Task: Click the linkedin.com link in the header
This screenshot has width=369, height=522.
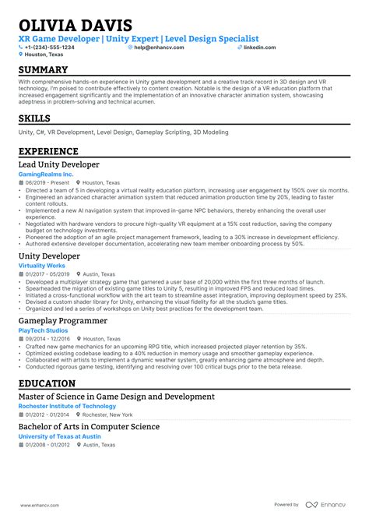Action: pos(259,48)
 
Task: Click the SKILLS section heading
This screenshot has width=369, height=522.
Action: pos(36,118)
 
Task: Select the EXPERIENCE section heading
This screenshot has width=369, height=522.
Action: pos(48,151)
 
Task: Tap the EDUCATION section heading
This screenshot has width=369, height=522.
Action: pos(47,383)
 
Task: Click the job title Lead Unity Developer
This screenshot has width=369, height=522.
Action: pos(58,165)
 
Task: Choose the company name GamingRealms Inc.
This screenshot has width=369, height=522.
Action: pos(45,175)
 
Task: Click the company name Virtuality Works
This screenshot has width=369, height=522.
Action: pos(41,266)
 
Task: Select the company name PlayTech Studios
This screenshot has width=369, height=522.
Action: pos(43,330)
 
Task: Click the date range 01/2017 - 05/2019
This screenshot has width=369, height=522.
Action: pos(46,274)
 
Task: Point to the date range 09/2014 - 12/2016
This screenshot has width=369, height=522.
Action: pos(46,339)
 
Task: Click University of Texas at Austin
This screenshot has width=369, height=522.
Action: pos(62,436)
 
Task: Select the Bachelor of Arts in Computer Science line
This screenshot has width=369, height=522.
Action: pos(89,427)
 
